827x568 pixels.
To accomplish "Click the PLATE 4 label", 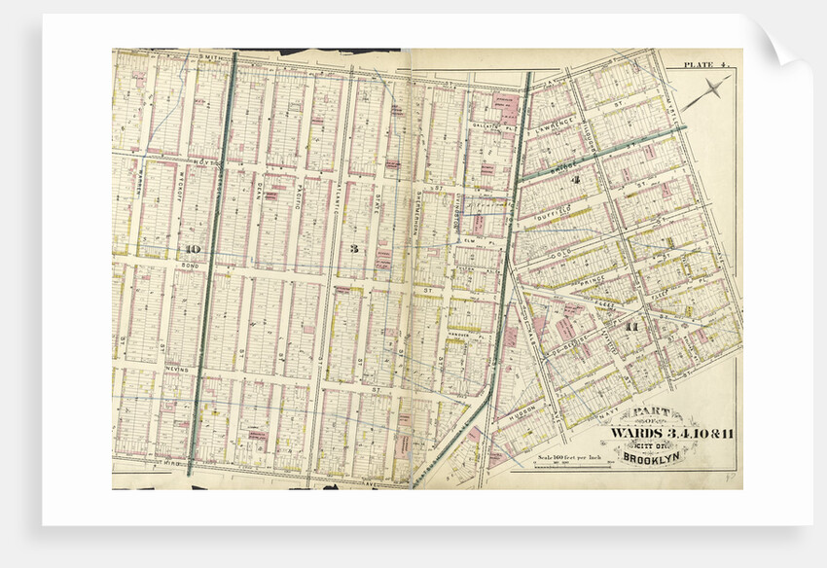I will (706, 64).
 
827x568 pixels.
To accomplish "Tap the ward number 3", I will (354, 249).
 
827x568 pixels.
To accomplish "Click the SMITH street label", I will (209, 58).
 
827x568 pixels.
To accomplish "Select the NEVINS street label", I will (177, 370).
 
